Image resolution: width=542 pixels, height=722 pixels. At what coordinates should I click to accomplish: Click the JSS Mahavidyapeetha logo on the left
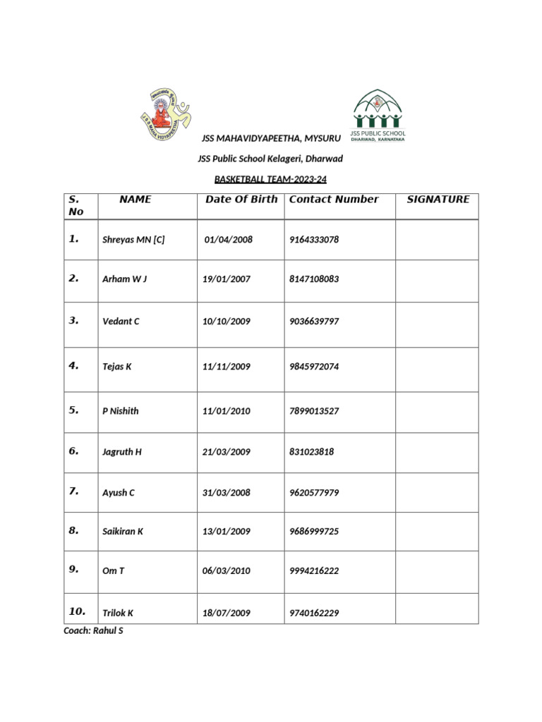click(166, 113)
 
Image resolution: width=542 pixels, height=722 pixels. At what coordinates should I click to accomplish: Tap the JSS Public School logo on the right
click(378, 115)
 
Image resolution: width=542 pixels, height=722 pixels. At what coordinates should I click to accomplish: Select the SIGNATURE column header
click(438, 200)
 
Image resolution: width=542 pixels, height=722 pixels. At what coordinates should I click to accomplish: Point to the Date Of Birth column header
click(241, 200)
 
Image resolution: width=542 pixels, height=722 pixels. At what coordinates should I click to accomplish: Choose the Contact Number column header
click(334, 200)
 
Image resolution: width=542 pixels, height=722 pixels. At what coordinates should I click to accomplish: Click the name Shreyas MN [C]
click(133, 240)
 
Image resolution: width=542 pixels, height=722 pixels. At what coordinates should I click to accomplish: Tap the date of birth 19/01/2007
click(227, 279)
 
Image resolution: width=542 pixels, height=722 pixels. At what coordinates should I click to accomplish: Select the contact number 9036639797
click(314, 322)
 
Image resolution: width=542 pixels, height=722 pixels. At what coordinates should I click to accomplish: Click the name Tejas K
click(117, 367)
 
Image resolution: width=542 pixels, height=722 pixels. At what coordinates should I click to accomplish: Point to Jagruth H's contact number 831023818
click(311, 452)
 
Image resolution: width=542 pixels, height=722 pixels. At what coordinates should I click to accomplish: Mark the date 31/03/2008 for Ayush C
click(227, 493)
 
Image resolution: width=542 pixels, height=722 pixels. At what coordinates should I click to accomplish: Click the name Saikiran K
click(123, 532)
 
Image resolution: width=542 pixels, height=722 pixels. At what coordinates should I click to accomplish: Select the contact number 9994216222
click(314, 571)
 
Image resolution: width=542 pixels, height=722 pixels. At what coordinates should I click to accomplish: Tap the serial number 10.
click(78, 611)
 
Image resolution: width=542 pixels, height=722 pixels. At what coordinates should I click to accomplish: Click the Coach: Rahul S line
click(93, 631)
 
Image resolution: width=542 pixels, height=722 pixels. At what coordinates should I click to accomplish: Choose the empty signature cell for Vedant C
click(437, 324)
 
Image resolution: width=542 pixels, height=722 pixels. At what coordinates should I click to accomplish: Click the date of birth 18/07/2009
click(227, 613)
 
